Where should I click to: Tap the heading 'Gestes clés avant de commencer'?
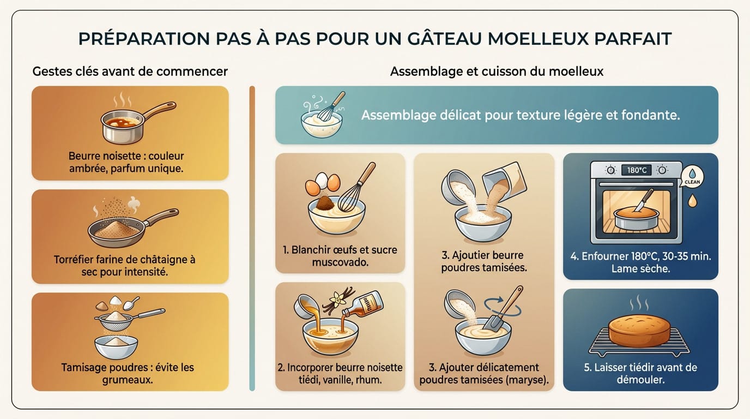click(x=130, y=71)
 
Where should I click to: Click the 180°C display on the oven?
click(x=636, y=170)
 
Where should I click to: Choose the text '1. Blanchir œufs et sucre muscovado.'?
click(x=340, y=256)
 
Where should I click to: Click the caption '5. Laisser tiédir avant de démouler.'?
click(x=640, y=374)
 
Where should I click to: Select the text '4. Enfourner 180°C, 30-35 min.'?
click(x=640, y=256)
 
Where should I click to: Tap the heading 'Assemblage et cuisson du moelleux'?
click(x=497, y=71)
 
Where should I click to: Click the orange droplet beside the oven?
click(x=693, y=201)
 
